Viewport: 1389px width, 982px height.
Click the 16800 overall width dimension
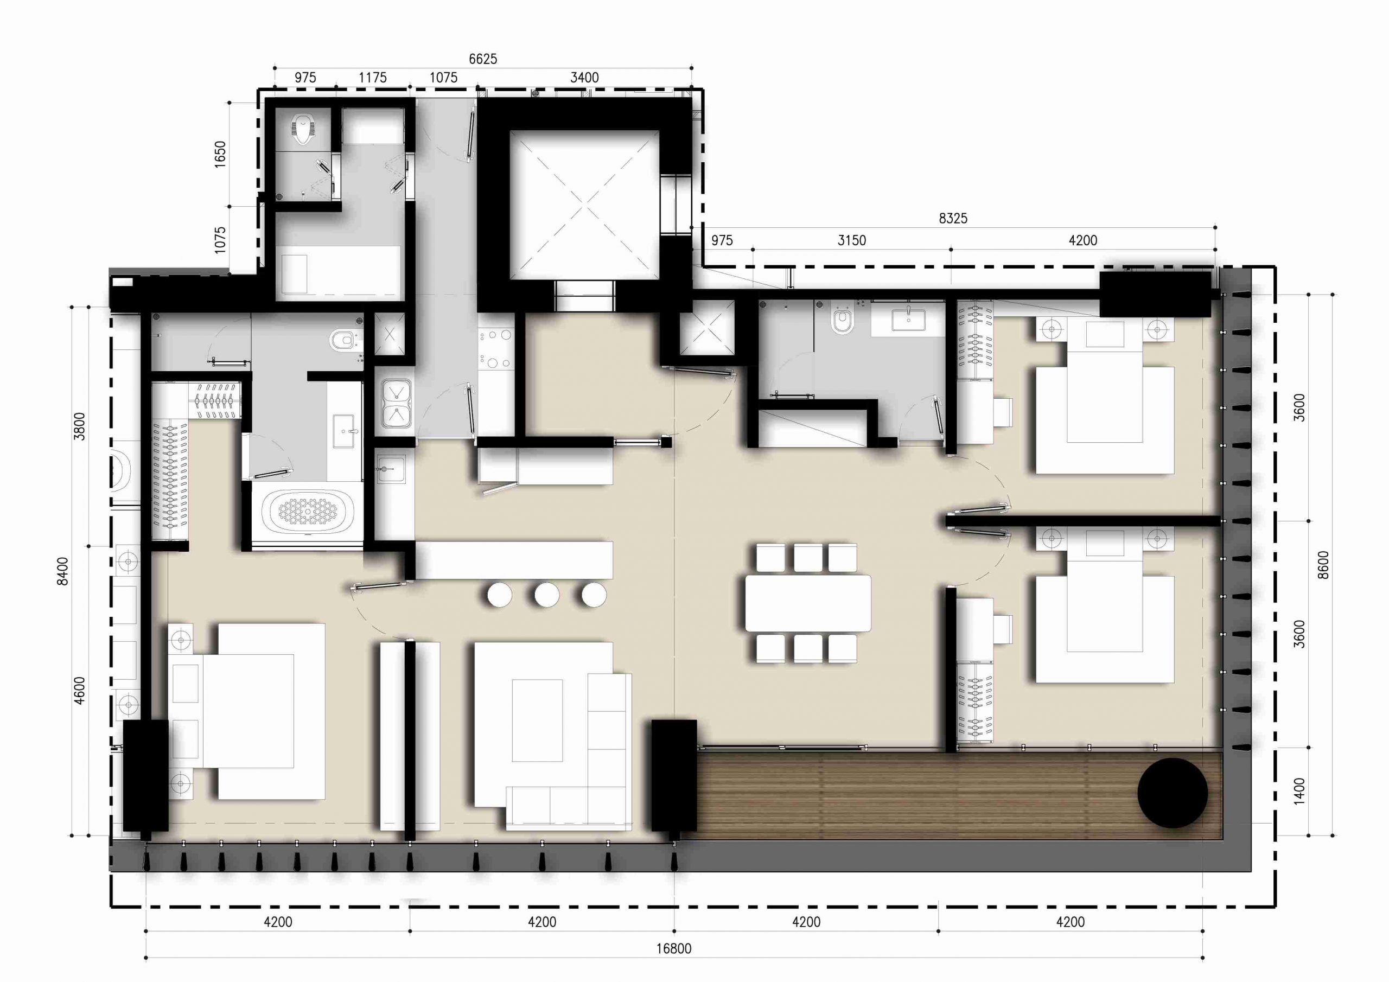point(673,948)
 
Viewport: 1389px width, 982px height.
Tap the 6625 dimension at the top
point(483,59)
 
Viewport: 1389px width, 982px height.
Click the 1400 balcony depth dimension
point(1299,791)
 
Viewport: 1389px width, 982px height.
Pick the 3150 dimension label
point(851,240)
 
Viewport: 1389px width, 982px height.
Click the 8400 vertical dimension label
point(62,571)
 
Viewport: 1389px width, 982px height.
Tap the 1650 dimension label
point(220,154)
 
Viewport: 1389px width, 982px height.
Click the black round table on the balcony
point(1173,793)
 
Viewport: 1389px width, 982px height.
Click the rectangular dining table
point(808,603)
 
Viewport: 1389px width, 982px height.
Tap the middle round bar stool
point(546,595)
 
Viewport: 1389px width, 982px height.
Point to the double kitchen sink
point(396,403)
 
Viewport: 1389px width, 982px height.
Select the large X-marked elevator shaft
point(584,205)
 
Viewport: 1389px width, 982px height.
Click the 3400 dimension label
point(584,78)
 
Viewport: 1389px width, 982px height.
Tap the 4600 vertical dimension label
point(79,690)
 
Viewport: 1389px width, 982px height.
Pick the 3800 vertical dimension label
point(79,426)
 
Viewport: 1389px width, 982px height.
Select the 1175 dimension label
point(372,78)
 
